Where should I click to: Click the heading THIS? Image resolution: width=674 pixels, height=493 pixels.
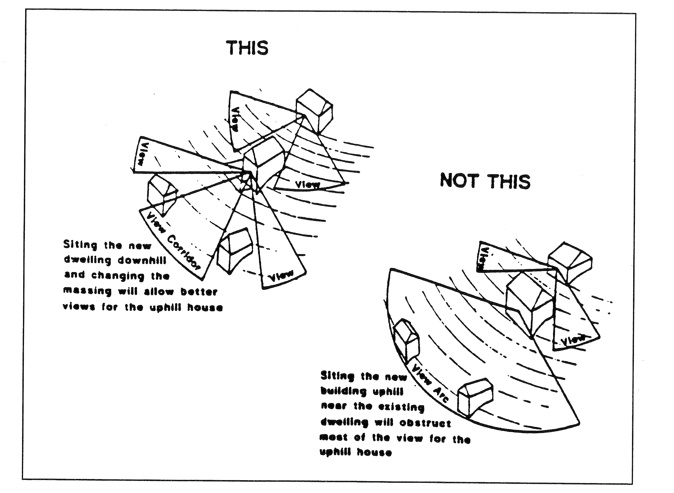click(248, 48)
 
